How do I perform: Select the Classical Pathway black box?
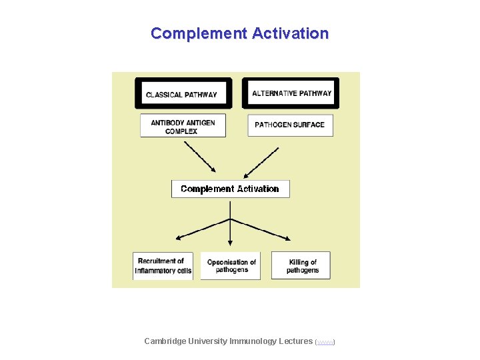click(x=183, y=93)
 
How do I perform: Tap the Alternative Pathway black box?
click(x=291, y=93)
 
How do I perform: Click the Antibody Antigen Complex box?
click(x=183, y=126)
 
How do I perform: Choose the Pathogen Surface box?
click(x=290, y=125)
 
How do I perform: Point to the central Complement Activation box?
click(x=230, y=189)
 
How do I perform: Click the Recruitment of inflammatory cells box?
click(x=163, y=265)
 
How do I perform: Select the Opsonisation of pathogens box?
click(x=231, y=265)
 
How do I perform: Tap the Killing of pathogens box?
click(x=301, y=265)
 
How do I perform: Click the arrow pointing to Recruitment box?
click(x=200, y=229)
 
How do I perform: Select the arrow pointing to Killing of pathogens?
click(x=261, y=229)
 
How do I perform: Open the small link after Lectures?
click(x=325, y=342)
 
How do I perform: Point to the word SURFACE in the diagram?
click(x=307, y=125)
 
